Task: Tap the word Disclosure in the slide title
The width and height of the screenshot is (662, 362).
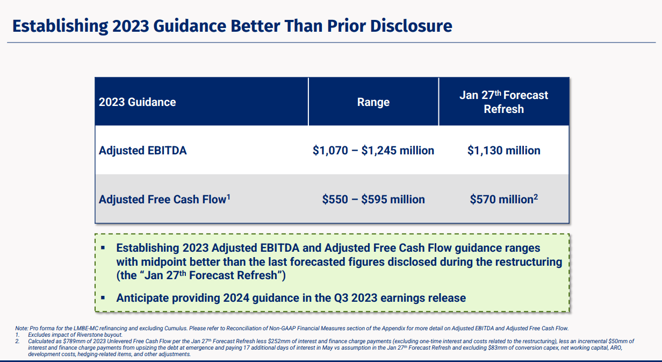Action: coord(411,26)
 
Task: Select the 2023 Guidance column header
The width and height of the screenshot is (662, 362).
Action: coord(138,102)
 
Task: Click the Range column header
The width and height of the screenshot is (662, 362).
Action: coord(373,102)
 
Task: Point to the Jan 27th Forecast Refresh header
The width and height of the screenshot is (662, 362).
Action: coord(503,102)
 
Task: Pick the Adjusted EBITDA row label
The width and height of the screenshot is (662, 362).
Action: coord(143,151)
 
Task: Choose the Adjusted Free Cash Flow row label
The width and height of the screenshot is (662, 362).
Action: coord(162,200)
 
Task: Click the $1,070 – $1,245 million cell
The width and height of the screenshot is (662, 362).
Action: coord(373,151)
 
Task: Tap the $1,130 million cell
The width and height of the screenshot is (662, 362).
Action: coord(503,151)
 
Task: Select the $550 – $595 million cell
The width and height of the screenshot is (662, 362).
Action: coord(373,200)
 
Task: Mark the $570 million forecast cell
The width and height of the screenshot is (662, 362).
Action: coord(501,200)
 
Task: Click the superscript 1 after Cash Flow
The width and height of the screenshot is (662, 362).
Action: coord(228,196)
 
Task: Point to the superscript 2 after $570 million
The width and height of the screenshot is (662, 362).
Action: coord(536,196)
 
